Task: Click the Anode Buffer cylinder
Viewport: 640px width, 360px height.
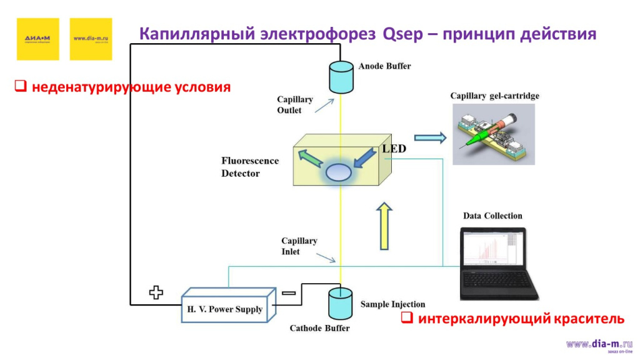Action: coord(341,76)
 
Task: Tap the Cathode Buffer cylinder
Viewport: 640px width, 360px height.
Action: coord(341,303)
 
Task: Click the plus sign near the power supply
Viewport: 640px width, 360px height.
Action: coord(156,292)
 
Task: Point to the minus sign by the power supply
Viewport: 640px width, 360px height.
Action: coord(288,292)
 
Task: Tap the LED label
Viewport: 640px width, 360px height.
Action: coord(394,149)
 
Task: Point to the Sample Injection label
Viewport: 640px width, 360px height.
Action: coord(392,304)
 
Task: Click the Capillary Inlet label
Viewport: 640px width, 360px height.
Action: coord(299,246)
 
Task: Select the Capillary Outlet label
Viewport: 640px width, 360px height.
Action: coord(294,105)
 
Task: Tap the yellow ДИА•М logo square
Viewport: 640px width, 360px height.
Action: coord(38,39)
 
